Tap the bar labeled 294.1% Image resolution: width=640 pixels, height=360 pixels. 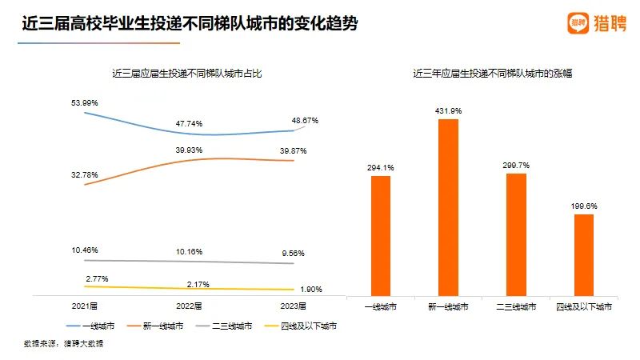(x=381, y=236)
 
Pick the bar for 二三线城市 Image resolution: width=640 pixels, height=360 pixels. (x=516, y=234)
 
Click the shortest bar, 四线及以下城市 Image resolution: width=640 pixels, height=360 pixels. (x=585, y=255)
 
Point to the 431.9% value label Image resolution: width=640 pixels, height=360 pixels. (x=449, y=110)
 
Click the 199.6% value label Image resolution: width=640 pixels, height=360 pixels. (x=585, y=206)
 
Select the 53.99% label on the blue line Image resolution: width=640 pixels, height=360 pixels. (x=85, y=102)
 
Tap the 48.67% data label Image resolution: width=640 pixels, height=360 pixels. (x=305, y=121)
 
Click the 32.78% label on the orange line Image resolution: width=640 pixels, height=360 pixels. (x=85, y=174)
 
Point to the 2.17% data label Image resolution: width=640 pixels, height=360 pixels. (x=189, y=285)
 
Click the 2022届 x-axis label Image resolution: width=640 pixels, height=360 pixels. (x=189, y=306)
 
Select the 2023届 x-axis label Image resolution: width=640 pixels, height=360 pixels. (x=293, y=306)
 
